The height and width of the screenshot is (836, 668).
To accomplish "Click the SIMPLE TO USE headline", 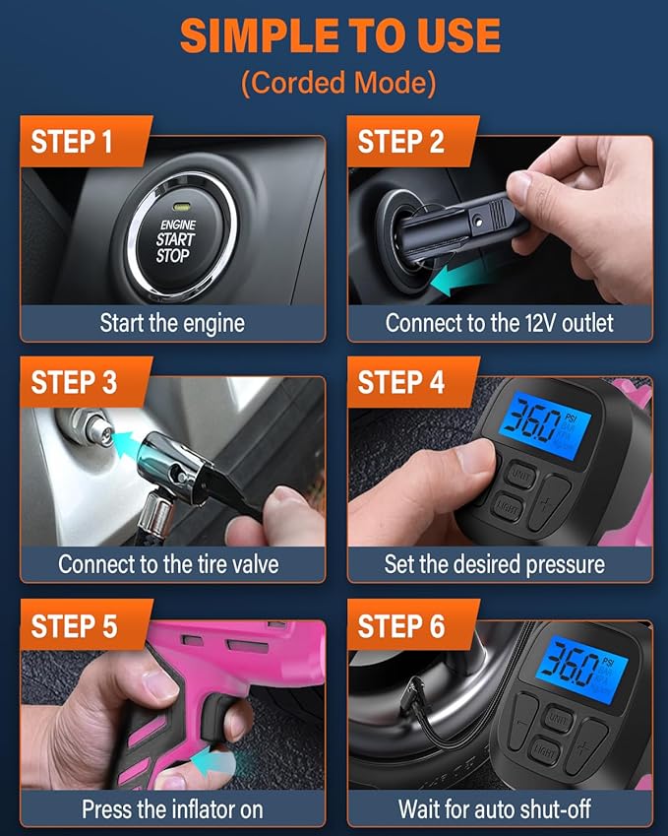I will tap(339, 36).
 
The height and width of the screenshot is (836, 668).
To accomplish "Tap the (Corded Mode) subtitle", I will tap(337, 83).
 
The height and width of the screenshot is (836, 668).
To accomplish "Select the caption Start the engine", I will tap(172, 322).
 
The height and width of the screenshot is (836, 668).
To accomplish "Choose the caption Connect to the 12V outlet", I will tap(499, 322).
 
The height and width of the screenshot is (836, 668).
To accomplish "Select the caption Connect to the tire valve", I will tap(168, 564).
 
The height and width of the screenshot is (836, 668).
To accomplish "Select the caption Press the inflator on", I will tap(172, 808).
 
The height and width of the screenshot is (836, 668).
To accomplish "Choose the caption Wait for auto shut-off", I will tap(498, 808).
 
